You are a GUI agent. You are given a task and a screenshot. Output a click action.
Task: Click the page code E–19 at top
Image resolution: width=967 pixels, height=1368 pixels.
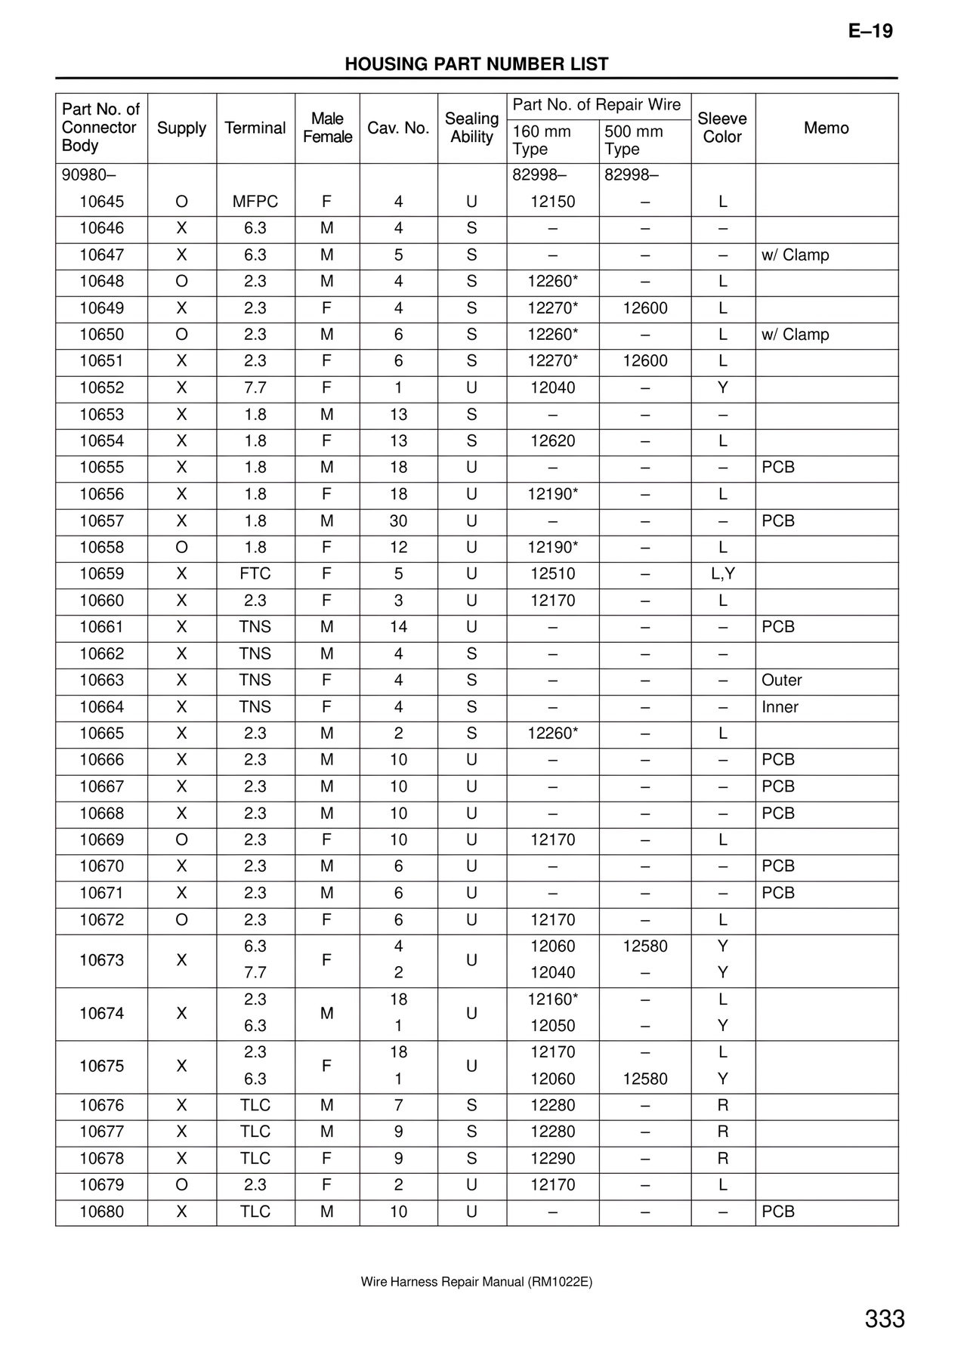tap(870, 31)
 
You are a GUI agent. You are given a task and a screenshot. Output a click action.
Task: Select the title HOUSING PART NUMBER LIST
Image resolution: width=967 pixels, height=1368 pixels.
tap(477, 64)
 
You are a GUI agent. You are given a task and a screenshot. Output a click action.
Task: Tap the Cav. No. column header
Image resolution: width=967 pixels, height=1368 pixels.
tap(398, 128)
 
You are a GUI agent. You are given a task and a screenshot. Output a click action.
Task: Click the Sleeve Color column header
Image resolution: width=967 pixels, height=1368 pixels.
tap(722, 128)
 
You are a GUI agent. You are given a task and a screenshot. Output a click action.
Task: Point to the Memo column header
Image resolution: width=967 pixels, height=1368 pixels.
tap(826, 128)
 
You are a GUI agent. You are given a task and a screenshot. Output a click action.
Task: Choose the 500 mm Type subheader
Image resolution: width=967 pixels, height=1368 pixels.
tap(633, 141)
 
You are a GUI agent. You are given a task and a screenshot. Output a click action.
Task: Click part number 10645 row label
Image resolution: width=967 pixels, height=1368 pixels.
tap(102, 202)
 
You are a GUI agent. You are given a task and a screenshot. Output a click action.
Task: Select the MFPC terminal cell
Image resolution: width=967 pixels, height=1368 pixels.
tap(255, 202)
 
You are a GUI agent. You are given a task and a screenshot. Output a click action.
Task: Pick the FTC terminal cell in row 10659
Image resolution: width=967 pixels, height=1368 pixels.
tap(255, 574)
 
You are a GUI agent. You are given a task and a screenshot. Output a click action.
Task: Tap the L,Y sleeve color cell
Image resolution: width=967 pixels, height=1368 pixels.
tap(723, 574)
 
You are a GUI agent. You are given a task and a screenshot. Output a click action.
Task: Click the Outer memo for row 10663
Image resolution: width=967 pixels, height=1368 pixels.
tap(782, 681)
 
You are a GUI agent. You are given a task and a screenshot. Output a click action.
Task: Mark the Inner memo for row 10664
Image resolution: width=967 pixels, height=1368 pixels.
tap(780, 707)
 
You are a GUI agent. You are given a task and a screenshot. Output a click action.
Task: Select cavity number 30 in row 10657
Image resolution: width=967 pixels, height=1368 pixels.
tap(398, 521)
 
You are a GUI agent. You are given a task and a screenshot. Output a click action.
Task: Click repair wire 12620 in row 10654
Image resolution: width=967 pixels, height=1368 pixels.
tap(552, 441)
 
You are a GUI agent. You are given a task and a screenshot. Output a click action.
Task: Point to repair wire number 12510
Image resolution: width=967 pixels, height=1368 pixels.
tap(552, 574)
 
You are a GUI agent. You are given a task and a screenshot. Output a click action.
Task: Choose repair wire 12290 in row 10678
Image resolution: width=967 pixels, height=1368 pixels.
tap(552, 1159)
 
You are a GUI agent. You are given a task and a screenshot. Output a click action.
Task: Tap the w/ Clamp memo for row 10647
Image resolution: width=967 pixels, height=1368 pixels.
tap(795, 255)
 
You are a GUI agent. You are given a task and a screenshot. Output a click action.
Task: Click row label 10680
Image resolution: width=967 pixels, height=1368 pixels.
tap(102, 1212)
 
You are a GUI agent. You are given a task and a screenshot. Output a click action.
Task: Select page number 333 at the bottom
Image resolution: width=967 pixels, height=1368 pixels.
tap(885, 1319)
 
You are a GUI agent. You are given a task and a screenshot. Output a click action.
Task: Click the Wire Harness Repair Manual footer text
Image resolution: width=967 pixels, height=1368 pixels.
tap(477, 1282)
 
